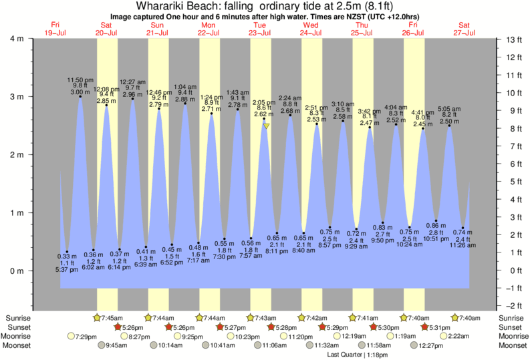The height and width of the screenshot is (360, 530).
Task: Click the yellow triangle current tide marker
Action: point(266,126)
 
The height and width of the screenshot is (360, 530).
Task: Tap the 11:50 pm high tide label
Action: point(80,80)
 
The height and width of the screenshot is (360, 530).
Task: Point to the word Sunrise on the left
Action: point(19,317)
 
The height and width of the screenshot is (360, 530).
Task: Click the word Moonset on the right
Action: point(509,346)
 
